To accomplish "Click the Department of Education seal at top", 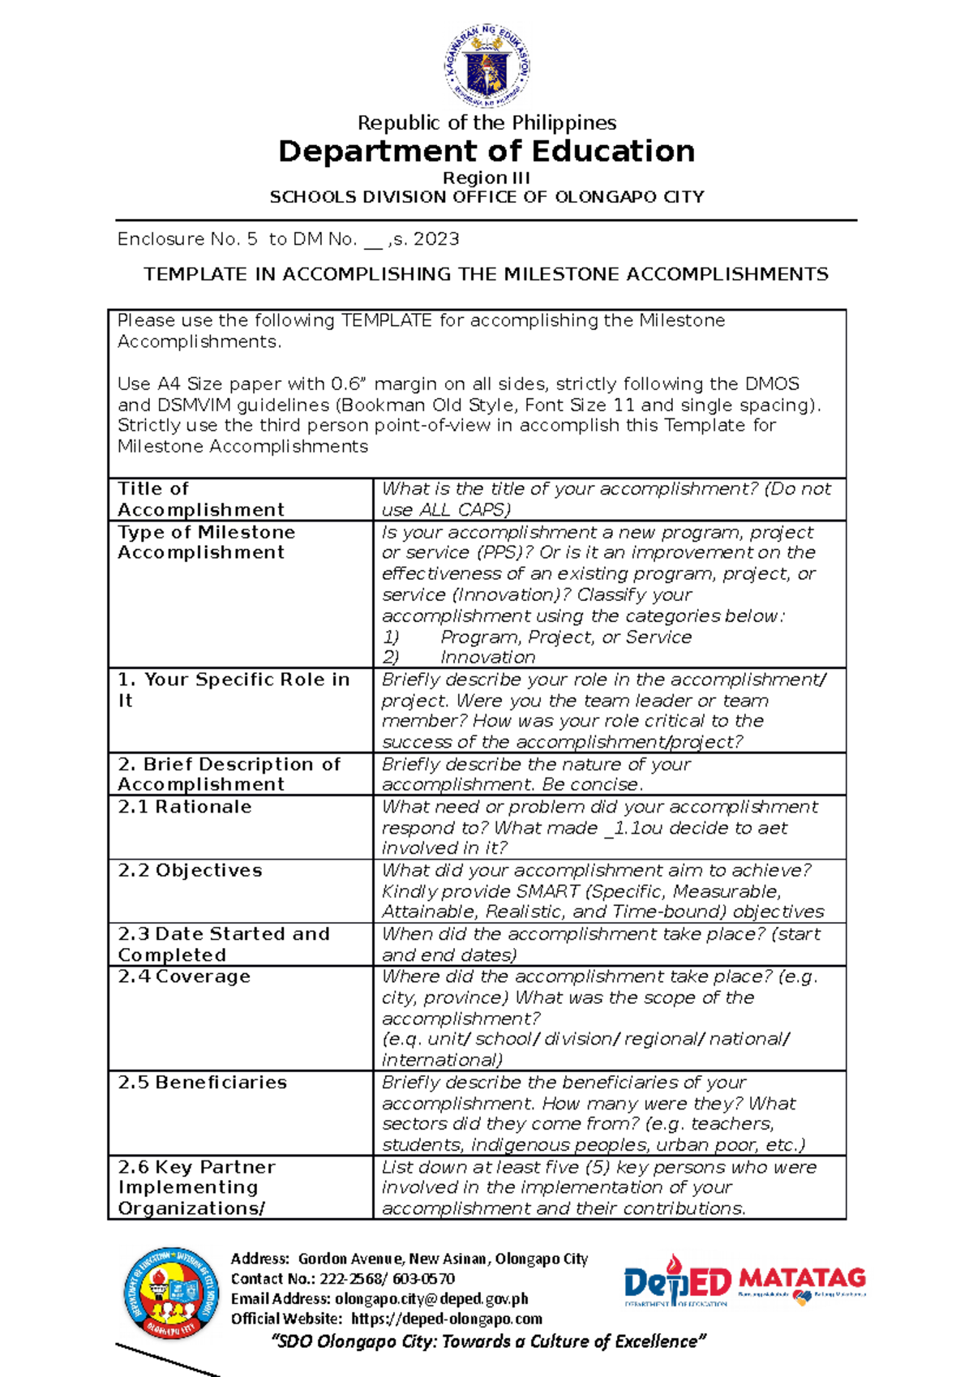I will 486,65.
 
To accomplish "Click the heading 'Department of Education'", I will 486,152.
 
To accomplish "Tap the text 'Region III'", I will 486,178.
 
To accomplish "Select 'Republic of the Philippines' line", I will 486,123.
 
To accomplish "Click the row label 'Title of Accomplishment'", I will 201,499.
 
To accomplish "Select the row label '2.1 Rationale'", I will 185,807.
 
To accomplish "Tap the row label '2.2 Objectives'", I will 190,870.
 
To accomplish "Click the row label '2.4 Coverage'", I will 184,976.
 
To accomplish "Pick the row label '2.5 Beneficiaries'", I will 202,1083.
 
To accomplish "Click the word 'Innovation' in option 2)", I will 488,658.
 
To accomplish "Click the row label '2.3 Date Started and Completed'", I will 223,944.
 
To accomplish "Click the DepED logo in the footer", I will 677,1281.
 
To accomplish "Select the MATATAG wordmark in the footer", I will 803,1279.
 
